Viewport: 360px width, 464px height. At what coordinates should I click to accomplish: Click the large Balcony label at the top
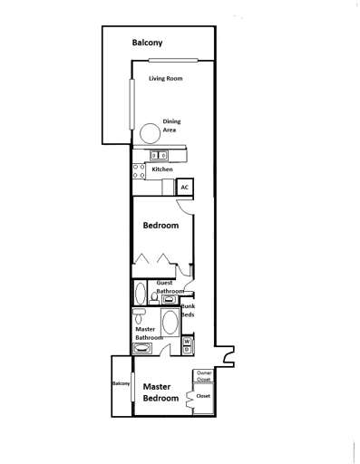[148, 43]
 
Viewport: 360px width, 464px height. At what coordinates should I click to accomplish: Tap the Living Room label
[166, 79]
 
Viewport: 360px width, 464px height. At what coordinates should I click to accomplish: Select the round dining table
[147, 132]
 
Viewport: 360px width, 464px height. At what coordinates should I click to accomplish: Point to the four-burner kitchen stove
[138, 170]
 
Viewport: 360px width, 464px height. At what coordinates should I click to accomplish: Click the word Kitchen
[162, 169]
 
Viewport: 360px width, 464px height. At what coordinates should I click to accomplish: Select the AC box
[184, 187]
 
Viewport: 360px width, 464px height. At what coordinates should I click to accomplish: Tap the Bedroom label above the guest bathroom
[161, 225]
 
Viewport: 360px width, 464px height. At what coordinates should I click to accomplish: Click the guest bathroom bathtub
[140, 294]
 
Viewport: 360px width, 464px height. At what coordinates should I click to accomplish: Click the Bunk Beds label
[188, 313]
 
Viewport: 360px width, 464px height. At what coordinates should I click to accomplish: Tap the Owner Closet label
[204, 376]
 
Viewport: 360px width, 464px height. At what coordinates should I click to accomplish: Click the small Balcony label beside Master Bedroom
[122, 383]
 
